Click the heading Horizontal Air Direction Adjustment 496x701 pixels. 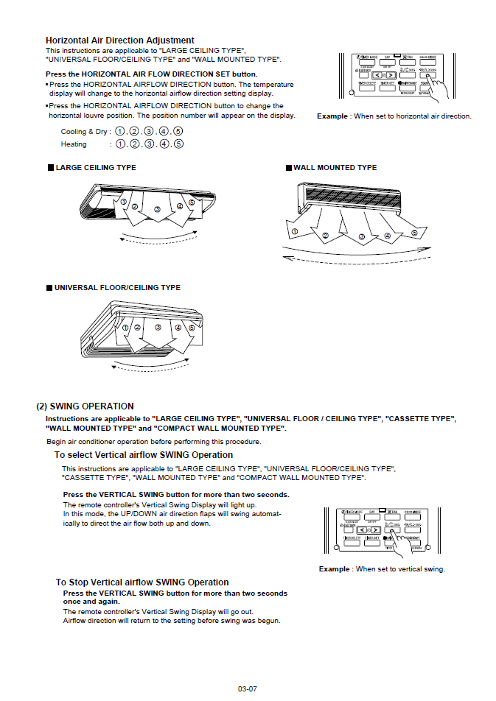point(119,40)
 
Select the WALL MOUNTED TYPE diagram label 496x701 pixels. point(335,168)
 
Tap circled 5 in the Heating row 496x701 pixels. point(178,144)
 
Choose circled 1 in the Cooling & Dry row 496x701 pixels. point(121,132)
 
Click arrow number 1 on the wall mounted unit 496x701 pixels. point(295,231)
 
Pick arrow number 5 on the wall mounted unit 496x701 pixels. point(414,233)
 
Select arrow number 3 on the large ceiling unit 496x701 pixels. point(157,210)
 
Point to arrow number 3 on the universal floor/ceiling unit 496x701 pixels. point(158,328)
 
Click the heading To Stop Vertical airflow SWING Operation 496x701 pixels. point(142,582)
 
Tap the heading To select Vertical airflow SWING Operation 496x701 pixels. point(144,455)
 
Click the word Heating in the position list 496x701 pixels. point(74,144)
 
